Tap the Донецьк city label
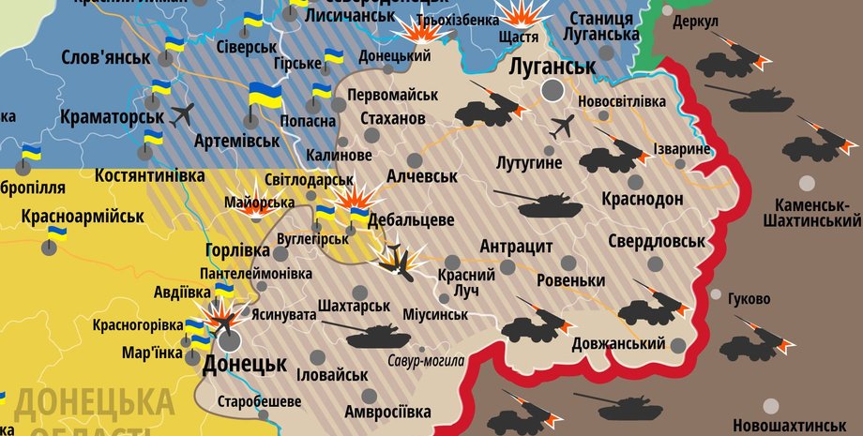[244, 363]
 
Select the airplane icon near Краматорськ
[181, 115]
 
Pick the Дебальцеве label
[411, 220]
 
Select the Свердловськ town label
[656, 241]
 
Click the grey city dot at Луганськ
[553, 90]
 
